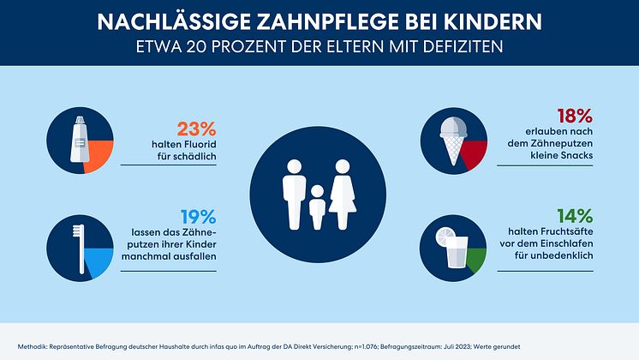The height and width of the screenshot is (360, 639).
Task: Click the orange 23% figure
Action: pos(195,130)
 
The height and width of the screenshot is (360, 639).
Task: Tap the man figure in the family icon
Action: pos(292,195)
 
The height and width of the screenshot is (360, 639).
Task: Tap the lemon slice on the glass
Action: pos(444,236)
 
